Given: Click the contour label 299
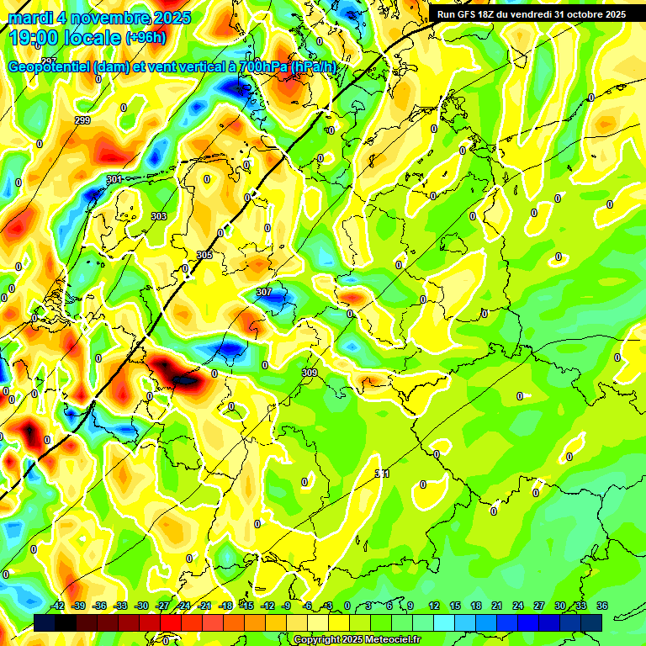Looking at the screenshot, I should tap(82, 121).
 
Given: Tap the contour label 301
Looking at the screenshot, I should tap(114, 179).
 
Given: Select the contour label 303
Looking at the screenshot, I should tap(158, 216).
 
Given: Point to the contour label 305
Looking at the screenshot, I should tap(204, 254).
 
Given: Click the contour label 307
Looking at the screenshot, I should tap(264, 292).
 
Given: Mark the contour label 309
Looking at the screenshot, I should tap(309, 372).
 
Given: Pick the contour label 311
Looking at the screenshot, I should tap(382, 474).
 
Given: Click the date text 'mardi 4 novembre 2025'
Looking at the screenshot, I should tap(99, 17).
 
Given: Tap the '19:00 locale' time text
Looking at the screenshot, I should tap(64, 37).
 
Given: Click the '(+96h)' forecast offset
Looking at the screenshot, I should tap(146, 38).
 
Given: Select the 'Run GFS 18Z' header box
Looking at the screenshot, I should tap(531, 14).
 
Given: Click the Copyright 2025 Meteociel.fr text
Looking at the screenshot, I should tap(357, 640).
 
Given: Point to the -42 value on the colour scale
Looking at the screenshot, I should tap(58, 606).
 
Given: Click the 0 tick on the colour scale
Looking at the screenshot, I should tap(347, 606).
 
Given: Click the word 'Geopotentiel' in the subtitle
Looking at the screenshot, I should tap(50, 67).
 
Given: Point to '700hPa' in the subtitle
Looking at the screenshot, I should tap(262, 67).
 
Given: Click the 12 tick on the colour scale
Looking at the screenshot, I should tap(433, 606).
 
